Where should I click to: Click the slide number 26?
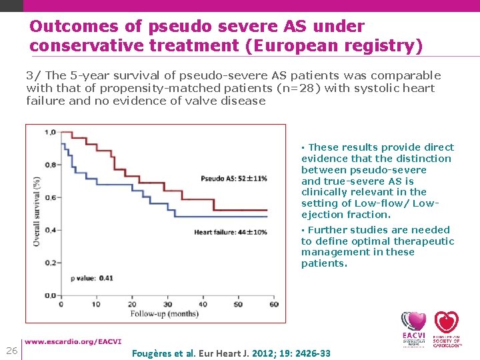coord(11,351)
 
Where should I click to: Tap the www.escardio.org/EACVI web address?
coord(73,342)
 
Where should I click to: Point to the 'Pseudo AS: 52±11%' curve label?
coord(233,179)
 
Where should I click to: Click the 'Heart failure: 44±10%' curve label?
coord(230,232)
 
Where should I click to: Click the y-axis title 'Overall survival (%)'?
coord(37,211)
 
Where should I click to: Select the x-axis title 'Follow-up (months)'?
coord(164,313)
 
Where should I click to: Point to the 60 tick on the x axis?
coord(273,305)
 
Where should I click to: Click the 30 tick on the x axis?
coord(167,305)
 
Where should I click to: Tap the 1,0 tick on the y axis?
coord(50,132)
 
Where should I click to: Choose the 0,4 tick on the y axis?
coord(50,230)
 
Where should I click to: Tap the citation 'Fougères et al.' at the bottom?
coord(164,353)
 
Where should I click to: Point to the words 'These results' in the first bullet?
coord(342,147)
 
